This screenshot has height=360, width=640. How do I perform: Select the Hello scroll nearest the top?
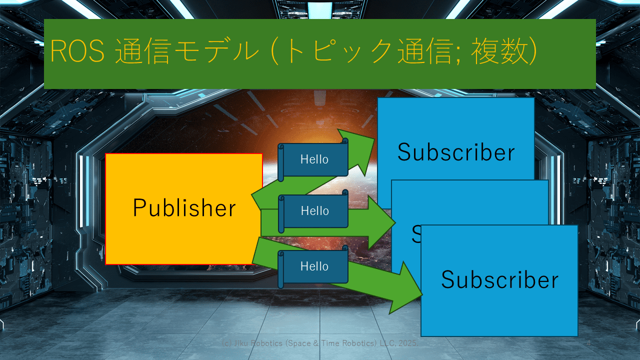314,159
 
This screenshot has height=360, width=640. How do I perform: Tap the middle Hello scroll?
314,211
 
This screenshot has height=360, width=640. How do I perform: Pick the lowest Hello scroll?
314,266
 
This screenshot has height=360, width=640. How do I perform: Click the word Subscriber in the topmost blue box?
455,152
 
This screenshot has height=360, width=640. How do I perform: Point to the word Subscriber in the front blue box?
499,279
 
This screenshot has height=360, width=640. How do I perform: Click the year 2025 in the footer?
408,344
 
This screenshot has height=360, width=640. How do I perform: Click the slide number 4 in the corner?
588,344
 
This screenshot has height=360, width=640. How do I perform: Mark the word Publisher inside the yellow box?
184,208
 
